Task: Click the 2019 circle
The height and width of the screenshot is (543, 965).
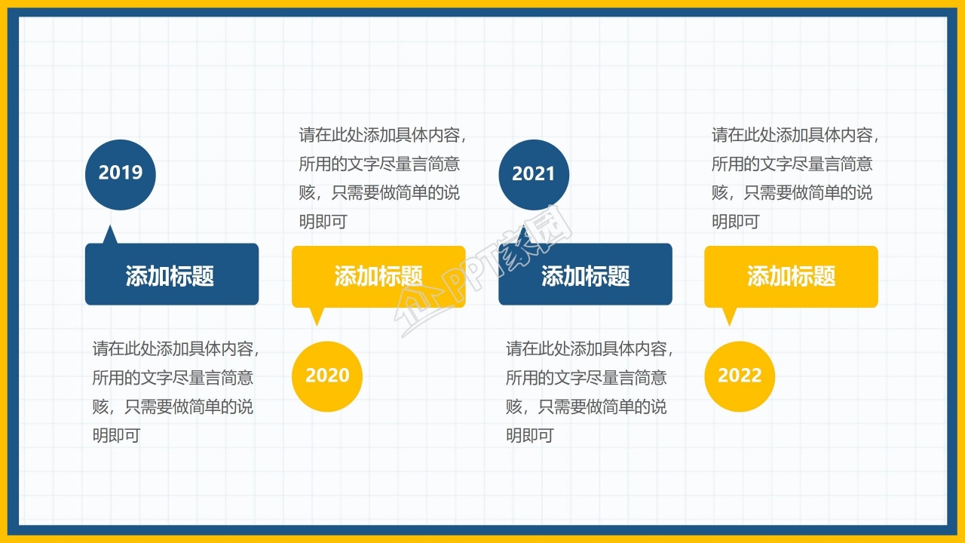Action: pos(120,173)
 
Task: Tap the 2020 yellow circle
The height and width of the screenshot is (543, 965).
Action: pos(327,376)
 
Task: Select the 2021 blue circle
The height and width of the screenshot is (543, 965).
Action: pos(533,174)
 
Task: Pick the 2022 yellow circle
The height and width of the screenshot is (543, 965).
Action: pos(740,376)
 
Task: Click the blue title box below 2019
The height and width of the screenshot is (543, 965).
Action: pos(171,275)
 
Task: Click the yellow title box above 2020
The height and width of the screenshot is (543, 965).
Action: pos(378,276)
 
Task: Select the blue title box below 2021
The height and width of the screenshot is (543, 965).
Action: pos(585,275)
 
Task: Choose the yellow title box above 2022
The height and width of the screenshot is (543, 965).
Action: pos(791,276)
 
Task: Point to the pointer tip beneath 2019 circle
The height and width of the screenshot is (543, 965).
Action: pos(111,231)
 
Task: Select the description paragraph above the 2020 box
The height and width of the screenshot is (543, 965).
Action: pos(381,178)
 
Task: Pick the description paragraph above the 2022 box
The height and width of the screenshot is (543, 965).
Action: pos(795,178)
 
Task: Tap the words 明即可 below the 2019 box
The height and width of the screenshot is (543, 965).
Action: pos(116,436)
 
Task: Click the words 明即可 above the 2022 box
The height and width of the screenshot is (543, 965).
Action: pos(735,222)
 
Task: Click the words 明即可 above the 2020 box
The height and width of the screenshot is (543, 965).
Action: pos(323,222)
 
